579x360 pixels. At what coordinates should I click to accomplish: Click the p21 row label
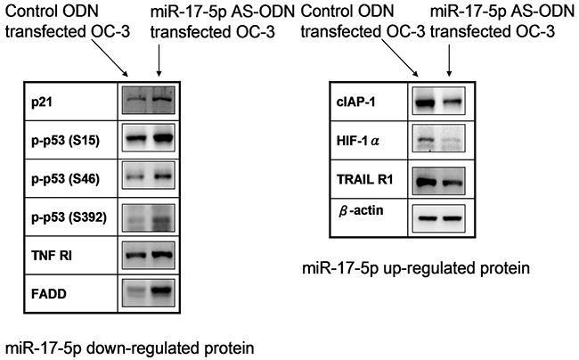41,102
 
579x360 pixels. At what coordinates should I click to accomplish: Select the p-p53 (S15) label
65,141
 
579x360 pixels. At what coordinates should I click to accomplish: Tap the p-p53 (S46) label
65,179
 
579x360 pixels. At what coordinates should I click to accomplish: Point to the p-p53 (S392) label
69,217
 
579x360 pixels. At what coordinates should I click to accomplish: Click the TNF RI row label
52,255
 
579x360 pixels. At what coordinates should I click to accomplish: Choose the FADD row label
49,294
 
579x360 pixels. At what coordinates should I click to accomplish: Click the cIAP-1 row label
355,102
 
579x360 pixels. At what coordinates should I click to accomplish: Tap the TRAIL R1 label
365,179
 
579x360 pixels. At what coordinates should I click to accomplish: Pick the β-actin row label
356,211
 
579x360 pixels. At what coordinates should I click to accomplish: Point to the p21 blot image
149,100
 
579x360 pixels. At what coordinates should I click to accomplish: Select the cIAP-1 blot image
438,102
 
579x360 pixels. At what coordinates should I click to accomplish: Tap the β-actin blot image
438,218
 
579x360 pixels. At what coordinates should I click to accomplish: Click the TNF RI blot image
149,255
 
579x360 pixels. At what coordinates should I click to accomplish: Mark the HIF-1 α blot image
438,138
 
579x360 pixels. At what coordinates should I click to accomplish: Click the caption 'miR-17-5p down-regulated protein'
130,348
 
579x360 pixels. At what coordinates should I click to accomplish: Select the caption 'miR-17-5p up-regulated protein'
416,268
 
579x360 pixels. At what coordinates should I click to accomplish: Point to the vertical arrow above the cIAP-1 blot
449,61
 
